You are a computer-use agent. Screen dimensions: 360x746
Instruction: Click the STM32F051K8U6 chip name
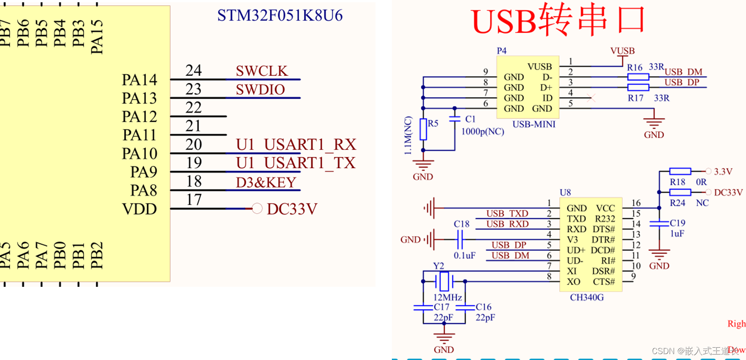coord(280,15)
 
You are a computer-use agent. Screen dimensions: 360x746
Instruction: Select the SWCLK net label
coord(261,71)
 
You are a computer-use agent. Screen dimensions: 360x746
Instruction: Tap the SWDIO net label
coord(260,90)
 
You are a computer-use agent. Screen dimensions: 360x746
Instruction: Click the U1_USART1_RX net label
coord(295,145)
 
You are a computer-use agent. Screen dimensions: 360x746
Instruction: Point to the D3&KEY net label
coord(266,182)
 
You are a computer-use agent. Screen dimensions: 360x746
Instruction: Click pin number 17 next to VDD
coord(194,200)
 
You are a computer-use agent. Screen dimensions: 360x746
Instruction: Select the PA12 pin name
coord(139,117)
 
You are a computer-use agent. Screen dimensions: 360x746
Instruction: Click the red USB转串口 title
coord(559,20)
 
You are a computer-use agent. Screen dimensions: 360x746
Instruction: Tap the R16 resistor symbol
coord(638,77)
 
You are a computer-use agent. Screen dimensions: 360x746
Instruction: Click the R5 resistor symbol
coord(423,130)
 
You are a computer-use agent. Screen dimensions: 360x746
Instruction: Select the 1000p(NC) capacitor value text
coord(482,131)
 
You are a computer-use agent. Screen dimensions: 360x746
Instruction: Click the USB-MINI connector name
coord(534,124)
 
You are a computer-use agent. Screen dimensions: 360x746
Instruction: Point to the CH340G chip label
coord(586,297)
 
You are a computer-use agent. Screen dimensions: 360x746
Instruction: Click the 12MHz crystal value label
coord(447,297)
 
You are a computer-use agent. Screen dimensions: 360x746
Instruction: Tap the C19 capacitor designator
coord(677,223)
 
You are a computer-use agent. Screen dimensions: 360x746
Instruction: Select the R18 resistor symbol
coord(680,171)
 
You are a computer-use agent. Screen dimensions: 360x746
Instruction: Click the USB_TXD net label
coord(507,214)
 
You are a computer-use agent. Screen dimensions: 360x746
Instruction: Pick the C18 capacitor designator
coord(461,224)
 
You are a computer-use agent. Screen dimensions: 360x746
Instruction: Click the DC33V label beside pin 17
coord(291,209)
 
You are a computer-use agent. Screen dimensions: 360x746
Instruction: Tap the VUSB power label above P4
coord(622,51)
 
